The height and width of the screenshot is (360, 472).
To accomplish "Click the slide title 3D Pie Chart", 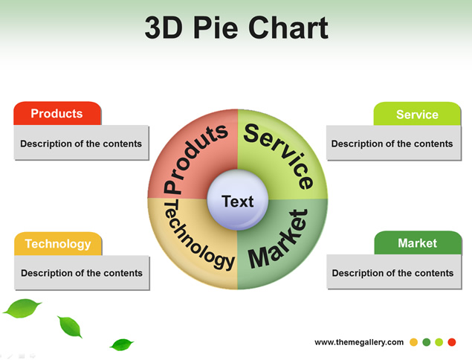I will tap(236, 28).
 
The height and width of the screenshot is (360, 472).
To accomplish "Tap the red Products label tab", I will tap(57, 114).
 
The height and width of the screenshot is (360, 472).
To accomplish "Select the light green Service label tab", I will tap(417, 115).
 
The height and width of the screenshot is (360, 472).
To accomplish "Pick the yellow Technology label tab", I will tap(57, 244).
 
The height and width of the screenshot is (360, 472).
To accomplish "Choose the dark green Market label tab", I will tap(417, 243).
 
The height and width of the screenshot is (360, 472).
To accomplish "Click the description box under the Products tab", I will tap(81, 144).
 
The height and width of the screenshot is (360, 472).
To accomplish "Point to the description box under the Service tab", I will tap(392, 144).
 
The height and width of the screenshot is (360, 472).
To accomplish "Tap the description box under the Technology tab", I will tap(81, 273).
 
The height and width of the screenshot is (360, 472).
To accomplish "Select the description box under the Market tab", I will tap(392, 273).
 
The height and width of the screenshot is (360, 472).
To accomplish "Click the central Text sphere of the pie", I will tap(238, 201).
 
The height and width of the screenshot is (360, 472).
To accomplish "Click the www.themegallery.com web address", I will tap(359, 342).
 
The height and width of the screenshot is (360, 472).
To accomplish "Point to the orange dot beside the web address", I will tap(414, 342).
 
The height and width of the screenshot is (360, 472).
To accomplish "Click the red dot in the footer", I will tap(452, 342).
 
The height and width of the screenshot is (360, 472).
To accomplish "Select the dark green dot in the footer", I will tap(427, 342).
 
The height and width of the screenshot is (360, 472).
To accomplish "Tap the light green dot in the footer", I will tap(439, 342).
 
